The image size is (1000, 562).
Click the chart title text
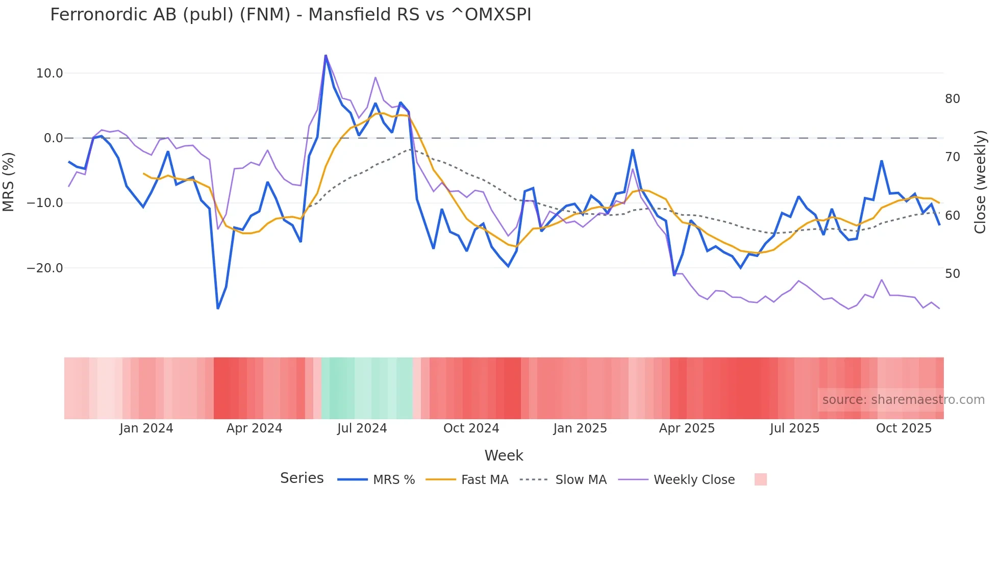coord(290,15)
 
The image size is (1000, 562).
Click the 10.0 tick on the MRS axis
coord(49,73)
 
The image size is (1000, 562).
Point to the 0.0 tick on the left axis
coord(53,138)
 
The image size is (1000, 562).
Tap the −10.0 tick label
coord(46,203)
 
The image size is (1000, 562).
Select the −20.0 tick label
coord(46,268)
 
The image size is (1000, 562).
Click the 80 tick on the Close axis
coord(952,99)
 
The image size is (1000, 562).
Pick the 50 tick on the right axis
coord(952,274)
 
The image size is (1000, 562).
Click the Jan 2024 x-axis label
coord(146,428)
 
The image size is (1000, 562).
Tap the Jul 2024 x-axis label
coord(362,428)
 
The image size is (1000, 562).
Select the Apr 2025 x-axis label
coord(687,428)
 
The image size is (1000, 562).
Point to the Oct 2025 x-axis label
coord(904,428)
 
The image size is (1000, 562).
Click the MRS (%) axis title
coord(9,182)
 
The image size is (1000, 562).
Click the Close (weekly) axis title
coord(980,182)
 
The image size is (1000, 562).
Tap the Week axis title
coord(504,455)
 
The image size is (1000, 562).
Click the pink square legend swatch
coord(760,479)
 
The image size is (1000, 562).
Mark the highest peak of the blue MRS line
coord(326,56)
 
